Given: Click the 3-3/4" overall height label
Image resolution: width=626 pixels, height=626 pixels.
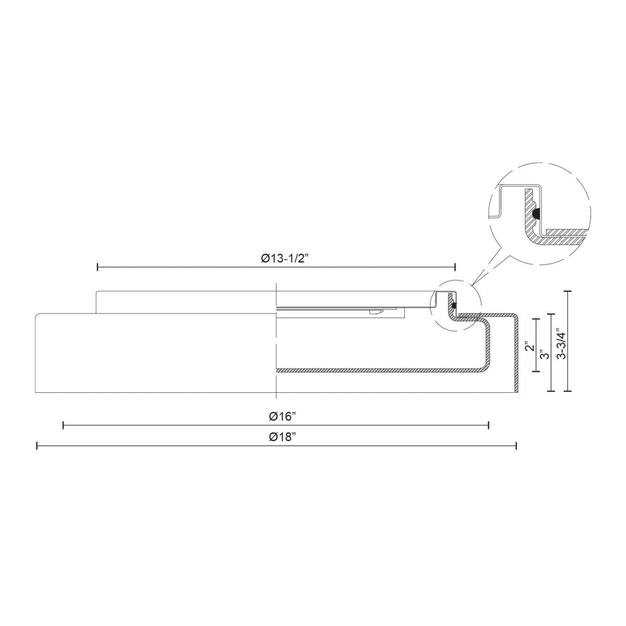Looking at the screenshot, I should coord(560,343).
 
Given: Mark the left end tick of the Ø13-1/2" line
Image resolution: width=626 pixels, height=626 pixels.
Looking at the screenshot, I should coord(98,267).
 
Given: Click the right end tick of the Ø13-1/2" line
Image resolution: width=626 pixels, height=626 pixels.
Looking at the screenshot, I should coord(455,267).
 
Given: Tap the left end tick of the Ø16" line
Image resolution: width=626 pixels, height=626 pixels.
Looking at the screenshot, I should coord(63,426).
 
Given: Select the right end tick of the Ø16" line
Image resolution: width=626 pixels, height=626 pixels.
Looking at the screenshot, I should coord(488,426).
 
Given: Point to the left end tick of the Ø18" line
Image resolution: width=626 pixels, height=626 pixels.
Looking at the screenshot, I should coord(37,446).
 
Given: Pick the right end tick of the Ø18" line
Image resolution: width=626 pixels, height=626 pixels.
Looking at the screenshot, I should coord(516,446).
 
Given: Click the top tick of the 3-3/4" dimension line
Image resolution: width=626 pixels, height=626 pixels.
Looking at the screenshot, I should coord(568,291).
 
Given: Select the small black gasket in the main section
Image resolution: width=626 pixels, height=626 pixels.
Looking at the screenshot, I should coord(455,305).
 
